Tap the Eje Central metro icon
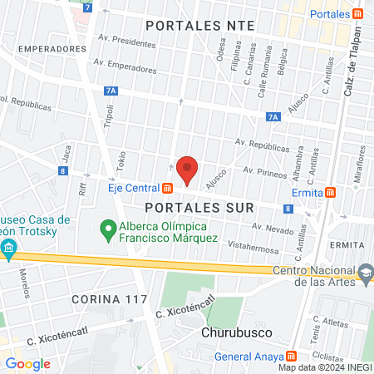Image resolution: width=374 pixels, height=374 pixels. point(168,188)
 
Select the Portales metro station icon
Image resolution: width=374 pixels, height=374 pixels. point(357,13)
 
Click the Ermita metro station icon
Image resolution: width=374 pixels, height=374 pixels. point(332,193)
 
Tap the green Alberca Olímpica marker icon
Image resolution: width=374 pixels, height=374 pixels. point(106,226)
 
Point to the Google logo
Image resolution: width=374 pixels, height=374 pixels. point(27,363)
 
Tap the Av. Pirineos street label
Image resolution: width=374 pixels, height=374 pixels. point(264,170)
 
